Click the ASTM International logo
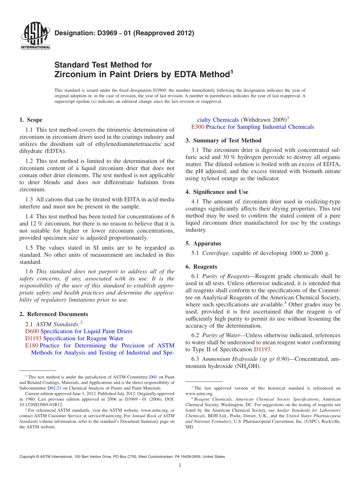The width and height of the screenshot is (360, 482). pos(35,36)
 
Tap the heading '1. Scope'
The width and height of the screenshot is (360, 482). pos(31,120)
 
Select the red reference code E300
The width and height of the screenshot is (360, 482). pos(198,127)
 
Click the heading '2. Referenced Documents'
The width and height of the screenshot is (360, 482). pos(53,314)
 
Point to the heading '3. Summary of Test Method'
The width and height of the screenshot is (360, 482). pos(223,141)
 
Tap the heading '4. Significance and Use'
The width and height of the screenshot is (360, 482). pos(217,192)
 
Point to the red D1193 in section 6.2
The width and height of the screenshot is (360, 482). pos(262,349)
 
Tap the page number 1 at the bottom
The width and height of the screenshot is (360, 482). pos(180,466)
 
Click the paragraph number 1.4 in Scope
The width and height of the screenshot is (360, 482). pos(29,216)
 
